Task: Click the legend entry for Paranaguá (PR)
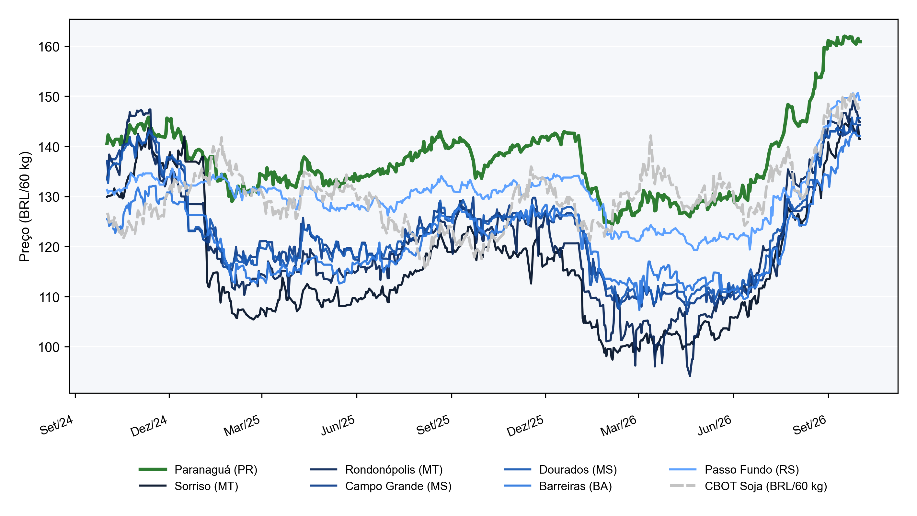(198, 469)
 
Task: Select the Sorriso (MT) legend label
(189, 486)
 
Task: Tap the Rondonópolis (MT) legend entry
(376, 469)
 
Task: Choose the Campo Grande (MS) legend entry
(381, 486)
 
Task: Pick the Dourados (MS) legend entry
(560, 469)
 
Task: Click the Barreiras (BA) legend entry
(558, 486)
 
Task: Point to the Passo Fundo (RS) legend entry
(734, 469)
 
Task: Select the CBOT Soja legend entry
(748, 486)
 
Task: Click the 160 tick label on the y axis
(49, 47)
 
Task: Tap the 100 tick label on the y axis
(49, 347)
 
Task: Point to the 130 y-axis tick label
(49, 197)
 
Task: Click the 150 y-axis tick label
(49, 97)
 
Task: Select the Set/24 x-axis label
(56, 425)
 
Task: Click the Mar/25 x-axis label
(242, 426)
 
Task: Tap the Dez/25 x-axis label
(525, 426)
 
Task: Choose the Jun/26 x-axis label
(714, 425)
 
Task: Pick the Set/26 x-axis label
(809, 425)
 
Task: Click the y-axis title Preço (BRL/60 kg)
(25, 207)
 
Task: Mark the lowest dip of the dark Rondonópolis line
(690, 376)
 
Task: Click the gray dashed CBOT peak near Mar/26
(651, 136)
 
